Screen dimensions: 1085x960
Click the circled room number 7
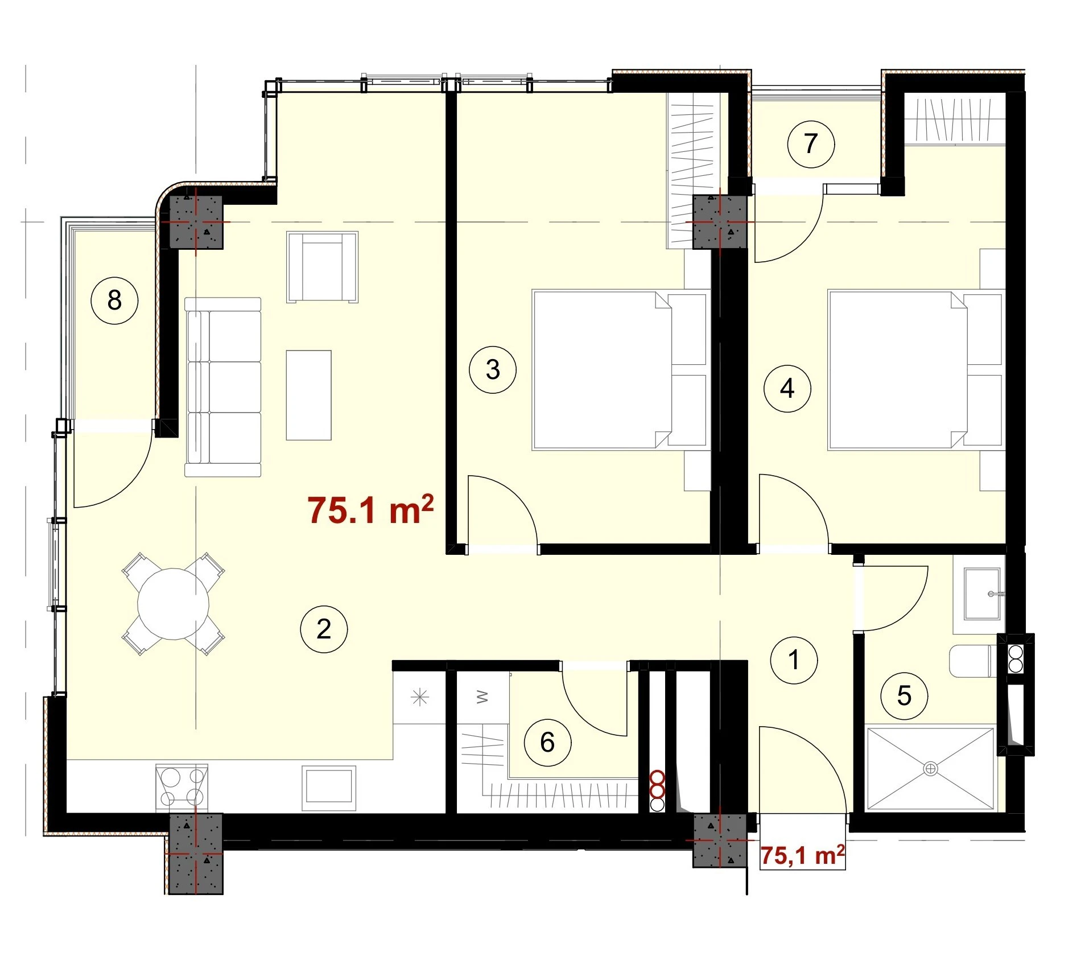tap(810, 143)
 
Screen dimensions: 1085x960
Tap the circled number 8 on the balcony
tap(114, 300)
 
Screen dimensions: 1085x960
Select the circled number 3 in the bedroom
tap(492, 369)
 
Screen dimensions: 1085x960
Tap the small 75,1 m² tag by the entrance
tap(802, 855)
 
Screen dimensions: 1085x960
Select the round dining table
tap(173, 603)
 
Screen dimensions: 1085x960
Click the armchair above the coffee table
tap(322, 266)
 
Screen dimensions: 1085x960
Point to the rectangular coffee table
tap(308, 395)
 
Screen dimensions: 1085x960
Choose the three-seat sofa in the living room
tap(222, 386)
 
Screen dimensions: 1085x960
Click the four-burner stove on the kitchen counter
tap(181, 787)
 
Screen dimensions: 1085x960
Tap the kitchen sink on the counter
tap(329, 788)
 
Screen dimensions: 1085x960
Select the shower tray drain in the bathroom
tap(930, 769)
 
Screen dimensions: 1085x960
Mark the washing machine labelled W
tap(482, 697)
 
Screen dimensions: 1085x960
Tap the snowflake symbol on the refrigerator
tap(419, 697)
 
